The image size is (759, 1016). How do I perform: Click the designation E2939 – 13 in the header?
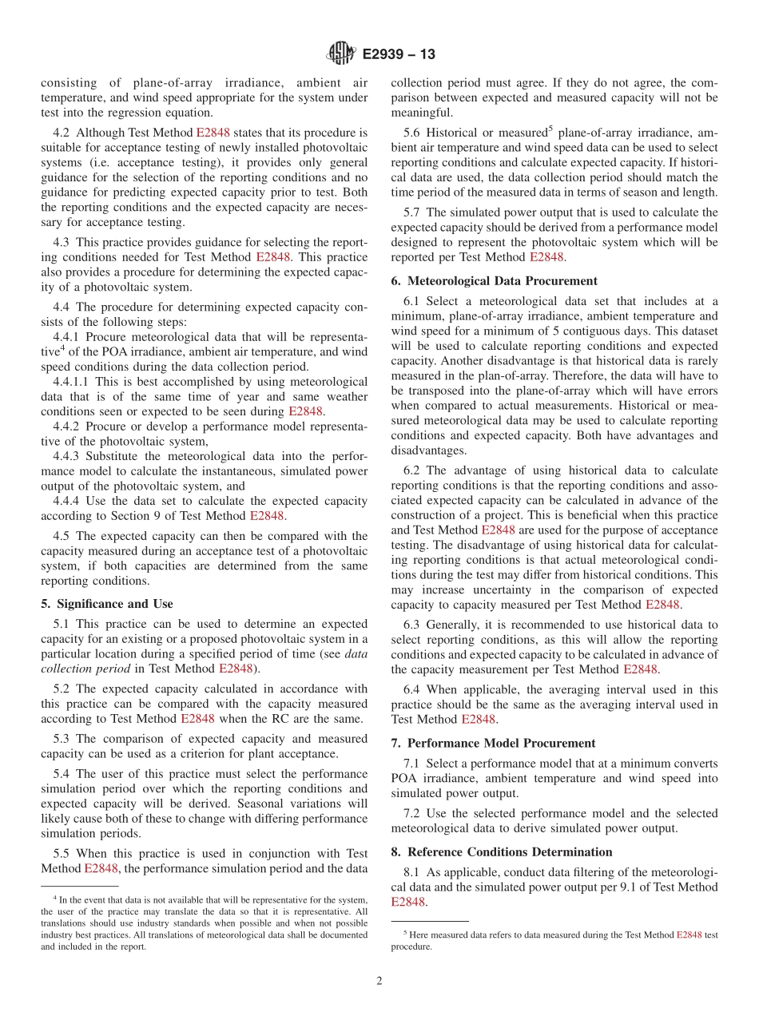(399, 54)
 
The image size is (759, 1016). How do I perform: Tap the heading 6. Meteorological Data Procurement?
(494, 280)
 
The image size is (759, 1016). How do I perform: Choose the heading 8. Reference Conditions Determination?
(502, 851)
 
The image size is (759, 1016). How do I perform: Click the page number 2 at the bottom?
(379, 982)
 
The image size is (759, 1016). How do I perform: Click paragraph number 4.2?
(62, 133)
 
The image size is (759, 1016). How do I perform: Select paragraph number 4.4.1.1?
(71, 382)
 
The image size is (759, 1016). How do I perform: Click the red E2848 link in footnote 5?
(689, 935)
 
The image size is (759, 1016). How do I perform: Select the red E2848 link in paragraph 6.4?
(479, 719)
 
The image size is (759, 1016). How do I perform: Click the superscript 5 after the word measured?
(551, 128)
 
